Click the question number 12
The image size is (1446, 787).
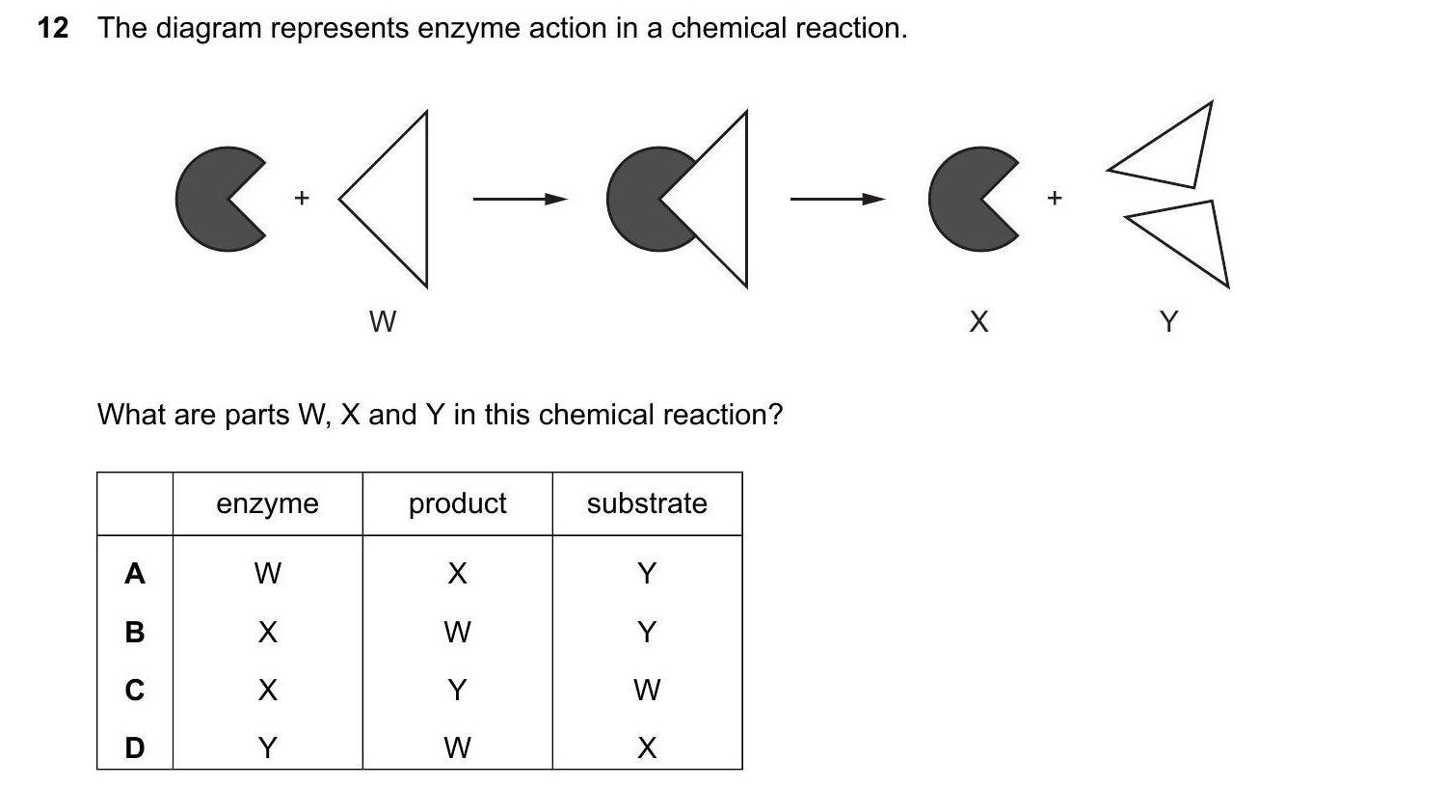click(x=53, y=29)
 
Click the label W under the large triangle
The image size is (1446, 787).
click(x=383, y=321)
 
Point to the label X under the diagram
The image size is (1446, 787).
click(x=978, y=321)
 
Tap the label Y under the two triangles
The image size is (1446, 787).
click(x=1168, y=321)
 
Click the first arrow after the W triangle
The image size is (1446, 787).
click(x=519, y=200)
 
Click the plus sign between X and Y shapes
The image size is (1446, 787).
click(x=1055, y=198)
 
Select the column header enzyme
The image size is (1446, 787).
click(x=267, y=503)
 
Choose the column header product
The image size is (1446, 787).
click(x=457, y=503)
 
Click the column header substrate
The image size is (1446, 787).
click(x=647, y=503)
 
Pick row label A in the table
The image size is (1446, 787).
click(x=135, y=574)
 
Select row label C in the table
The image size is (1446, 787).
click(x=135, y=691)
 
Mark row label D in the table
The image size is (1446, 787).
click(x=135, y=747)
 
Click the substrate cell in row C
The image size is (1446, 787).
click(x=647, y=691)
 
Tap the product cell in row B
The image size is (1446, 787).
click(x=457, y=633)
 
